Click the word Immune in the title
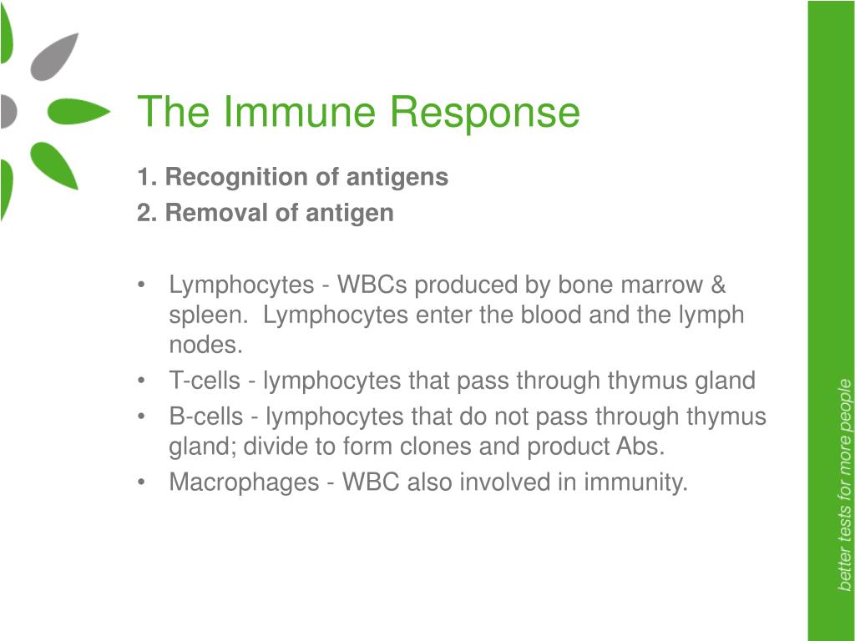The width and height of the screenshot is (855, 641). (300, 112)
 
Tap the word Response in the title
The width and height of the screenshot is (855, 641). (485, 114)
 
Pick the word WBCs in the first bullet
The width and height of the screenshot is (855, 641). (372, 285)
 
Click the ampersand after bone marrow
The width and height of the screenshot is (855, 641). (718, 285)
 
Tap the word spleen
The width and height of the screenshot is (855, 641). (205, 315)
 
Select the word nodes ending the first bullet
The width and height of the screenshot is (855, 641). (205, 345)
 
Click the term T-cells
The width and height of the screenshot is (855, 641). (205, 381)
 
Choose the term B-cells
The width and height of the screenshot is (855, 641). (206, 416)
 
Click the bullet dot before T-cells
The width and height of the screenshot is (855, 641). (142, 381)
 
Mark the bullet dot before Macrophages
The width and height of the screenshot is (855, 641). (142, 482)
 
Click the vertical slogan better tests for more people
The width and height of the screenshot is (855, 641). (844, 485)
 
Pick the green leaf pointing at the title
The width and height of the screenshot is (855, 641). (78, 111)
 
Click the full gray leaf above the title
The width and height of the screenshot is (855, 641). (53, 58)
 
